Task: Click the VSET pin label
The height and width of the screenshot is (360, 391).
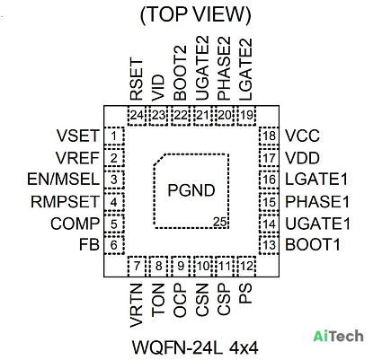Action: pyautogui.click(x=78, y=136)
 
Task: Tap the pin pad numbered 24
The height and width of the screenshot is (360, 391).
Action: pyautogui.click(x=137, y=115)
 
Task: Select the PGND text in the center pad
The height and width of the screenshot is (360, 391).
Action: pyautogui.click(x=191, y=190)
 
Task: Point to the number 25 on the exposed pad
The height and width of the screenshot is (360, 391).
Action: pyautogui.click(x=219, y=222)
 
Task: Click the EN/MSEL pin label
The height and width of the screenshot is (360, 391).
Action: pyautogui.click(x=63, y=180)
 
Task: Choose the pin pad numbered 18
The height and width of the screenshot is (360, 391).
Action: pyautogui.click(x=269, y=136)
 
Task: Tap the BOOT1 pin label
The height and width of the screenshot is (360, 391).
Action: pyautogui.click(x=313, y=245)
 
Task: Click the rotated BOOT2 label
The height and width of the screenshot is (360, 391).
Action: pyautogui.click(x=180, y=73)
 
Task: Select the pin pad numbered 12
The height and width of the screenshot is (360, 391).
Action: pyautogui.click(x=246, y=266)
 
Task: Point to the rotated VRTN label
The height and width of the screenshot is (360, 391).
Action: pyautogui.click(x=136, y=305)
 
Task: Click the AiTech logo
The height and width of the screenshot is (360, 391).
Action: pyautogui.click(x=339, y=336)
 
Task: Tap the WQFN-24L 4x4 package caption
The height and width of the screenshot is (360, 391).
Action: pyautogui.click(x=195, y=347)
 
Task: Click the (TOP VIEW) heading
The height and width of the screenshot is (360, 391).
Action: pyautogui.click(x=195, y=14)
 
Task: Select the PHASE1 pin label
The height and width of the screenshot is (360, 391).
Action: pyautogui.click(x=317, y=202)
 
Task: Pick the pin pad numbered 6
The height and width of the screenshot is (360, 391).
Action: pyautogui.click(x=113, y=245)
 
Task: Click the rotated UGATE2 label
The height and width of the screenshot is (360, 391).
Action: pyautogui.click(x=202, y=68)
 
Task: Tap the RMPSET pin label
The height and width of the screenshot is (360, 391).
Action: pyautogui.click(x=65, y=202)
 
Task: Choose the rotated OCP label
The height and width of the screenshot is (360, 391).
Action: pyautogui.click(x=180, y=300)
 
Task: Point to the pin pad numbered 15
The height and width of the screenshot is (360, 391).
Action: pyautogui.click(x=269, y=202)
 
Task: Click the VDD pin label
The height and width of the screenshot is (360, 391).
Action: pyautogui.click(x=302, y=158)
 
